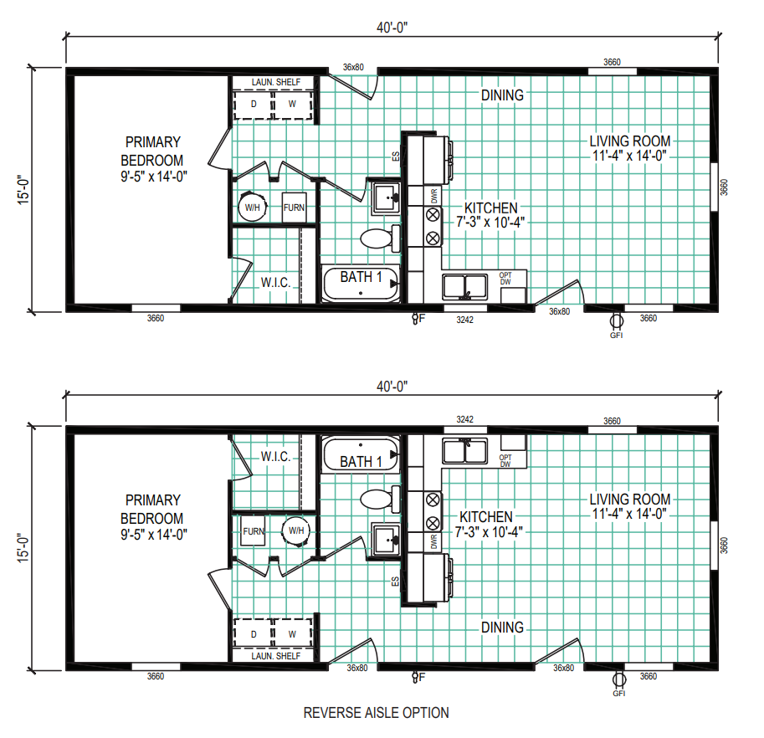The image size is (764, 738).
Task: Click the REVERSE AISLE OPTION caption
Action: click(x=377, y=713)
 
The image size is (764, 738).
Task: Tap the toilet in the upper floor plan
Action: click(x=380, y=238)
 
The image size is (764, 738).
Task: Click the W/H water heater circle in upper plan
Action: click(x=253, y=207)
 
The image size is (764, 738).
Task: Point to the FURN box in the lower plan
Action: click(x=254, y=531)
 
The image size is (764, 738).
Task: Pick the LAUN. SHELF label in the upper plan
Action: click(x=276, y=82)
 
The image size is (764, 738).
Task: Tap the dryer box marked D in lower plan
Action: click(x=254, y=633)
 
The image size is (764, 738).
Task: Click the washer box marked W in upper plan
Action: click(x=292, y=104)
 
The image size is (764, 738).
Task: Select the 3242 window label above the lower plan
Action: click(x=464, y=419)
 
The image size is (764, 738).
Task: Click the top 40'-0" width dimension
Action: click(x=392, y=28)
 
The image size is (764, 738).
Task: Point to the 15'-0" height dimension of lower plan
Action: click(x=23, y=548)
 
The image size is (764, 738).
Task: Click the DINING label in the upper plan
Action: click(x=502, y=95)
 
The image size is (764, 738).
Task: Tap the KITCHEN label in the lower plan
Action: click(x=486, y=517)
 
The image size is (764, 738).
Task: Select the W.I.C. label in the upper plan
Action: click(x=276, y=283)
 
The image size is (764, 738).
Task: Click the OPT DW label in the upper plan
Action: click(x=505, y=278)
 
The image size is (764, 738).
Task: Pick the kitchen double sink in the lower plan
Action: click(x=464, y=451)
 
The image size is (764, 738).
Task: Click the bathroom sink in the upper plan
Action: click(x=386, y=197)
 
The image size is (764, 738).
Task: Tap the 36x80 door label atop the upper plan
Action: click(x=353, y=67)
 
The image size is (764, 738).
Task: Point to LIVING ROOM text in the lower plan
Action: click(x=630, y=500)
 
